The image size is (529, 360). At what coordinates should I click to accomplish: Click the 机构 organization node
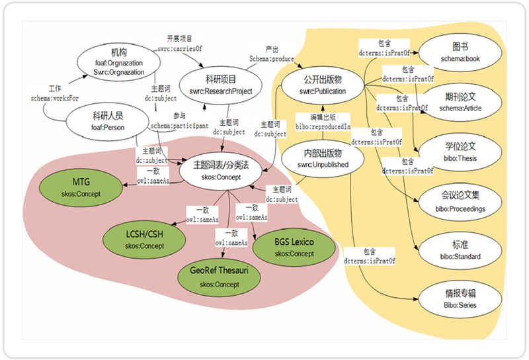click(110, 61)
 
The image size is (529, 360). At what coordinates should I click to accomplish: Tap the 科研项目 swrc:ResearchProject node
click(221, 85)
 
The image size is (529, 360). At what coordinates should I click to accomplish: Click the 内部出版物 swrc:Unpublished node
click(322, 159)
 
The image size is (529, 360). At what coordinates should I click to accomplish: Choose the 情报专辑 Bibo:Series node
click(460, 298)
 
